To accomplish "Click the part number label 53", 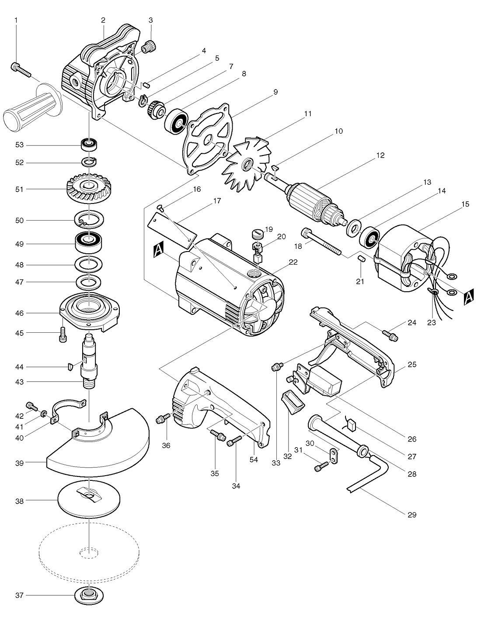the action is [19, 145].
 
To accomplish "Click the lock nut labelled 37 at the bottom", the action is [89, 594].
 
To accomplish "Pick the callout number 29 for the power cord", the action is [412, 515].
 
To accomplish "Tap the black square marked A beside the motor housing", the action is [159, 249].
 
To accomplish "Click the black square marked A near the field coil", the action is [469, 297].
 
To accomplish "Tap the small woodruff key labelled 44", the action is [70, 366].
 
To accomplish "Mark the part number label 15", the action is [465, 204].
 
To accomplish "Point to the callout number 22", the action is [293, 262].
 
